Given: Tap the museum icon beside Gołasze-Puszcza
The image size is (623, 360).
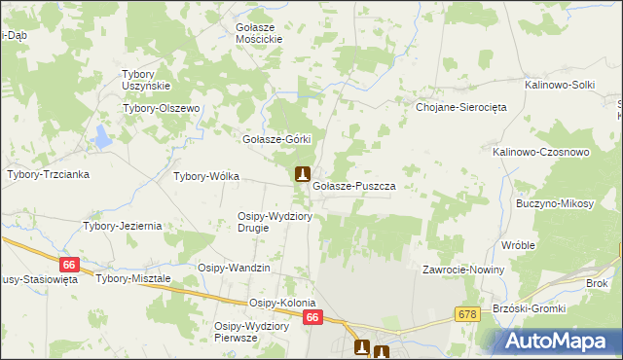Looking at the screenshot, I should pos(302,175).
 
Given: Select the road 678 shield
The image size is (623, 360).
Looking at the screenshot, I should pos(466,313).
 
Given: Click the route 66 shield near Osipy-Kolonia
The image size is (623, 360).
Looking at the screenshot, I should pos(311,317).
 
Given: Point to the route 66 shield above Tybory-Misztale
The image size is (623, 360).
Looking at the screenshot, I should pos(67,265).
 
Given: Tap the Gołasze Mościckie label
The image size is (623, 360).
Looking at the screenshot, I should pos(259,33).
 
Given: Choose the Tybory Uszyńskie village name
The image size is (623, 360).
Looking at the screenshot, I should pos(145,80).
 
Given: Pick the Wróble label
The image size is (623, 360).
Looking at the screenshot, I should pos(519,245).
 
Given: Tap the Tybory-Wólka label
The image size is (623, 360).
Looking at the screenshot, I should pos(206,177).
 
